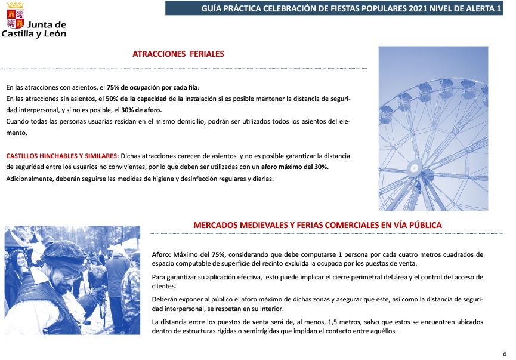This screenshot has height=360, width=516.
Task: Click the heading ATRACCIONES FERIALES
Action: click(178, 54)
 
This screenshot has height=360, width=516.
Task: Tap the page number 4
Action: click(504, 353)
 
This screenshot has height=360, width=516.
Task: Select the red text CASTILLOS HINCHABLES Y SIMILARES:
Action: click(62, 156)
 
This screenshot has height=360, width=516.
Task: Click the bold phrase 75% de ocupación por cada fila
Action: click(153, 87)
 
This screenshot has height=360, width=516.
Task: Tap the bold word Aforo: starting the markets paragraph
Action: click(161, 254)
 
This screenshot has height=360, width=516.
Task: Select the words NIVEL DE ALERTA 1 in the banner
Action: click(465, 8)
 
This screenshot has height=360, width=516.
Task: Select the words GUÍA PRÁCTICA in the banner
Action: click(229, 8)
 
